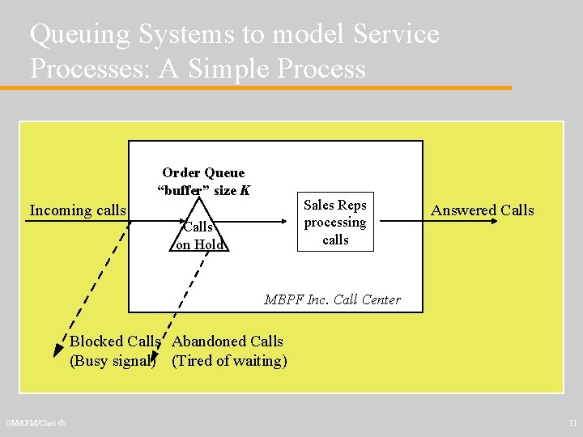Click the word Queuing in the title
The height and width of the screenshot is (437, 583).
click(x=81, y=34)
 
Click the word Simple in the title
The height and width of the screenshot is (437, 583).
click(x=231, y=68)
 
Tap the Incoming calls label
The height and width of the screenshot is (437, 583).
click(x=78, y=210)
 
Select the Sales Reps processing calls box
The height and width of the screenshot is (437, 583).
click(x=335, y=223)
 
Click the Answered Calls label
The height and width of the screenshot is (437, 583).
click(x=483, y=210)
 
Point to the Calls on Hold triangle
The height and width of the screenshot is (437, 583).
click(x=199, y=231)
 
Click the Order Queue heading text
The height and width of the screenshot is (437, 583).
click(x=203, y=172)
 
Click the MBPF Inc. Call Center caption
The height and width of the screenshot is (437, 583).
click(x=332, y=299)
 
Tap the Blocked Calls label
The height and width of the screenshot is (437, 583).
click(x=114, y=342)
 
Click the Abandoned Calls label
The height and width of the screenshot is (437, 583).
click(x=228, y=342)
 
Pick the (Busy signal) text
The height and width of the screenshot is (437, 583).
click(x=113, y=361)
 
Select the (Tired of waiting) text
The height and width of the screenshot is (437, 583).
click(x=229, y=361)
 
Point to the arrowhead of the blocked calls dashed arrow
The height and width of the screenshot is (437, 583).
click(x=58, y=350)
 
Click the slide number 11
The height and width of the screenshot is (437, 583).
click(x=572, y=423)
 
